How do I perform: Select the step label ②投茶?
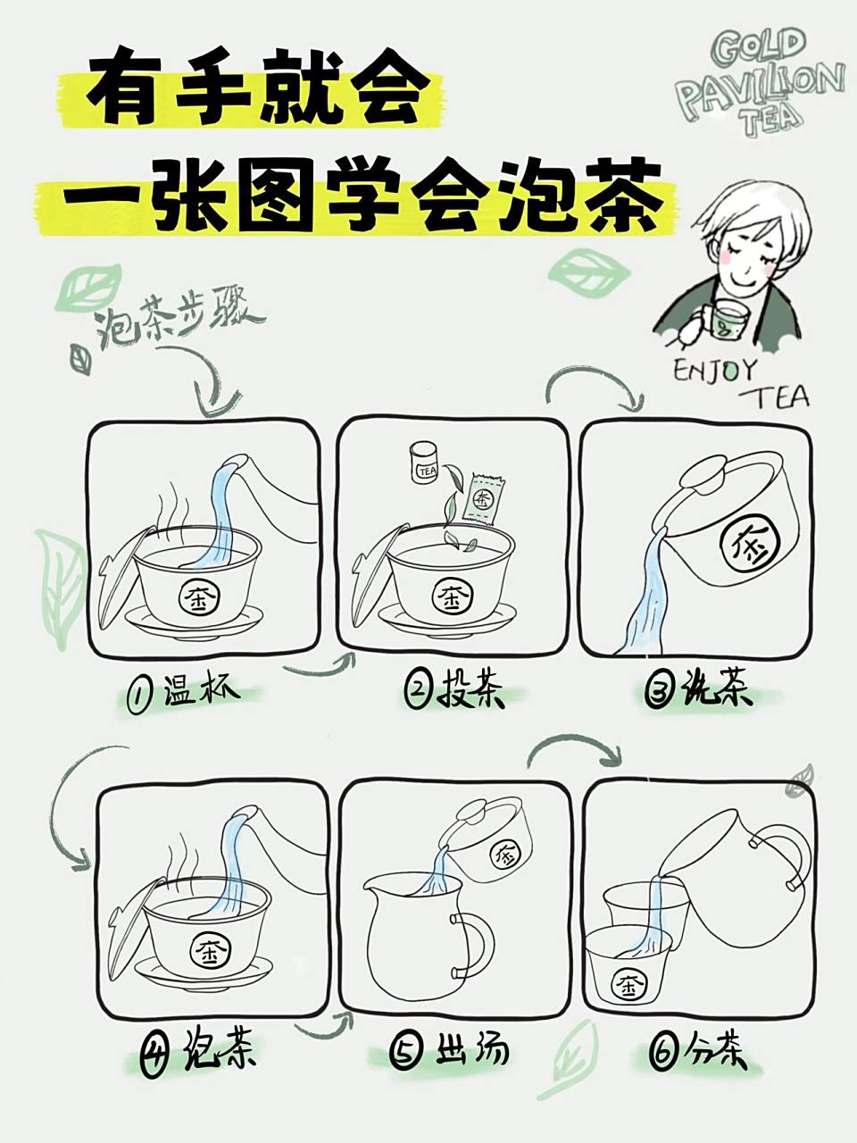pos(454,691)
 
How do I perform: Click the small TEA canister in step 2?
pos(422,463)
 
